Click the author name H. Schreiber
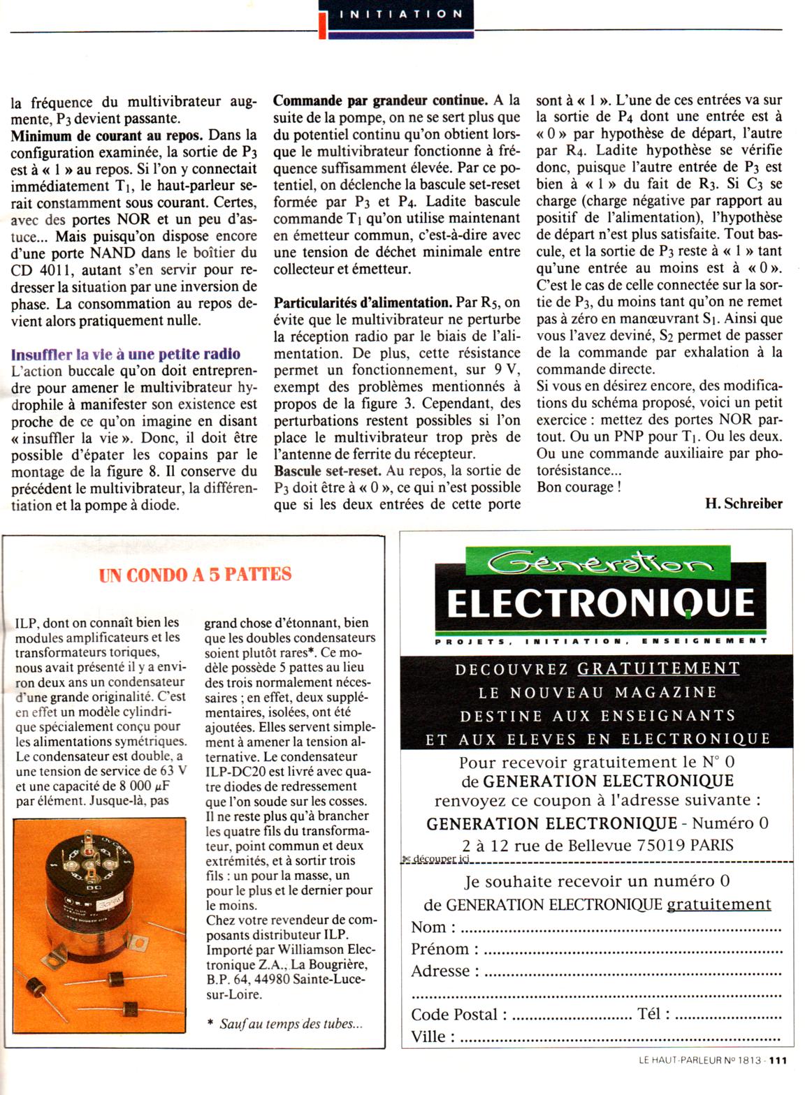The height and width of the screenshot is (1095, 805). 744,504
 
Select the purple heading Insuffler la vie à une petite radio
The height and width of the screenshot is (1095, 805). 126,354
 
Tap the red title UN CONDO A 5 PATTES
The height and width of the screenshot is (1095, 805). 196,575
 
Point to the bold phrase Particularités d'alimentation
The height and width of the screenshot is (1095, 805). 362,303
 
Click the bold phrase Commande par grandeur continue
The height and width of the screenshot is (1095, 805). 380,100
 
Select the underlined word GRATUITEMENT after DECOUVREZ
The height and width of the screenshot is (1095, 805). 658,668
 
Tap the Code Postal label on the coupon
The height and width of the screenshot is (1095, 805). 458,1015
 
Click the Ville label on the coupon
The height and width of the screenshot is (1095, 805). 428,1036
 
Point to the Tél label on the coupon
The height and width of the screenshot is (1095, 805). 653,1014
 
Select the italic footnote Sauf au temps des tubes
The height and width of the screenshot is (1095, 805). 291,1024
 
